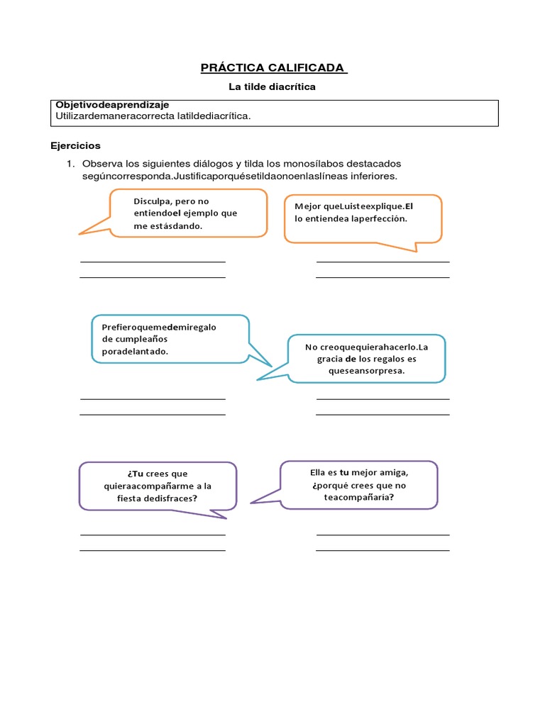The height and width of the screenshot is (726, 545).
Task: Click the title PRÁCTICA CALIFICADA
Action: pos(272,68)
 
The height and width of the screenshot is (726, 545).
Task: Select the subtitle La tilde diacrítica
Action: pos(272,87)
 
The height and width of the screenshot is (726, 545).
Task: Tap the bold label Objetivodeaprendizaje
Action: pos(112,105)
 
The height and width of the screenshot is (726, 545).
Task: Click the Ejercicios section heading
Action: pos(75,146)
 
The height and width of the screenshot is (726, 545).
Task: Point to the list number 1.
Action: pos(70,164)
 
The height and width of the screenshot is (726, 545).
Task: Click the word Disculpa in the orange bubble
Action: pos(152,201)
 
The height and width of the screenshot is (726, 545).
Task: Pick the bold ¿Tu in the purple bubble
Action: pos(136,474)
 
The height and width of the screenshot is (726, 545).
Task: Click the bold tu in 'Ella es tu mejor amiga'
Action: pos(344,472)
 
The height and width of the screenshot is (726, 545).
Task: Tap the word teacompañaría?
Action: pos(359,498)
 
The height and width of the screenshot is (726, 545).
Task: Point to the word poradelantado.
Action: pos(135,351)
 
